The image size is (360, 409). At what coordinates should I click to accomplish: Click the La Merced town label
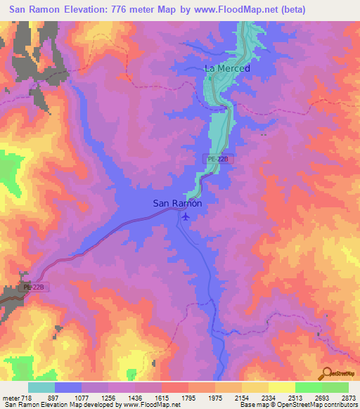pyautogui.click(x=227, y=68)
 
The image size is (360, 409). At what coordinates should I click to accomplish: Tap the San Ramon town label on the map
pyautogui.click(x=178, y=204)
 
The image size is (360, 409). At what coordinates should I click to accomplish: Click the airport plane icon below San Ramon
pyautogui.click(x=185, y=216)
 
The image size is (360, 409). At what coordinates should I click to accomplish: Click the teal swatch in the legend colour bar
pyautogui.click(x=41, y=387)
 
